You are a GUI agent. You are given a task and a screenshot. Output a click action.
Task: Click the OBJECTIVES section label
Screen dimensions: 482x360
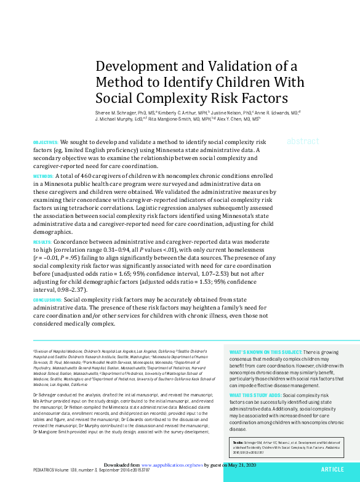point(46,142)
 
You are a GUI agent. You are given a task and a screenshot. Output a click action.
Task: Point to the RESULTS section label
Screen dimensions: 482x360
point(42,244)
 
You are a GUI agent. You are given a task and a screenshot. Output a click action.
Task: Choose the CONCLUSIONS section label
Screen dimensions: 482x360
point(47,300)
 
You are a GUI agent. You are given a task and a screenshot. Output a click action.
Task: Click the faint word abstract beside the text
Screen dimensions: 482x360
point(303,141)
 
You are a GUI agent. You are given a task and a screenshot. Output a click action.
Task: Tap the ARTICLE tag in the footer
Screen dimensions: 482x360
point(332,469)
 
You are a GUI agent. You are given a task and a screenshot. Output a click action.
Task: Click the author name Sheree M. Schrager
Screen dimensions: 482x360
point(115,113)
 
